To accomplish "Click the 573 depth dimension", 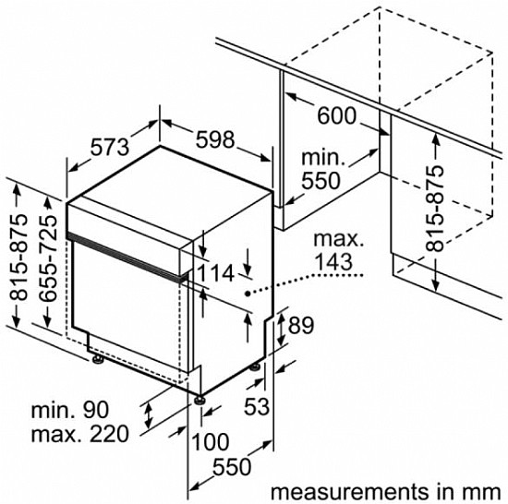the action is coord(110,147).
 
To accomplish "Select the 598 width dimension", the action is coord(215,139).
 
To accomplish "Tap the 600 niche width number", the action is coord(336,115).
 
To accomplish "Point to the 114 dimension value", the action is coord(215,273).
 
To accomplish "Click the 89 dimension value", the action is coord(301,325).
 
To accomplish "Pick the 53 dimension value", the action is coord(257,406).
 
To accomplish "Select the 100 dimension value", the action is coord(211,442).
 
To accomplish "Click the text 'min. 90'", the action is coord(69,410).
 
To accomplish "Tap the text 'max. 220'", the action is coord(80,434).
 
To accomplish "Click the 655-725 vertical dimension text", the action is coord(48,258).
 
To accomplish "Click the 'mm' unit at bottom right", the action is coord(483,492).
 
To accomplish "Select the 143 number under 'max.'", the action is coord(333,261).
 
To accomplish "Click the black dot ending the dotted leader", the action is coord(248,294).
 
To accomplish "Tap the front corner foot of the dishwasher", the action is coord(199,400).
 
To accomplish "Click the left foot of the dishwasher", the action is coord(97,360).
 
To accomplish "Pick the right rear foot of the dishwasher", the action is coord(255,366).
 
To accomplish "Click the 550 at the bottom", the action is coord(232,467).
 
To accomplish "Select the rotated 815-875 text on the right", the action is coord(434,209).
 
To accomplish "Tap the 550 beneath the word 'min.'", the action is coord(321,181).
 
